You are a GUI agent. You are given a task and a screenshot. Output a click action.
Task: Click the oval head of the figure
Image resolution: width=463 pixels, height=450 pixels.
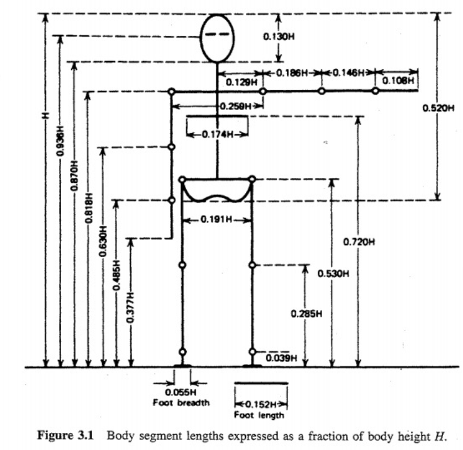(x=201, y=38)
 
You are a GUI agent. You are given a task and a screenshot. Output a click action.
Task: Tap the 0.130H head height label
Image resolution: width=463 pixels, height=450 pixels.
(x=279, y=36)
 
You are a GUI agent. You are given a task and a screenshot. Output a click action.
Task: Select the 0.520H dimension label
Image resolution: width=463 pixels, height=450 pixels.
(x=438, y=108)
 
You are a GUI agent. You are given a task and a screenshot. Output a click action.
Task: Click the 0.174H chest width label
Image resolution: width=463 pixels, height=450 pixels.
(x=217, y=134)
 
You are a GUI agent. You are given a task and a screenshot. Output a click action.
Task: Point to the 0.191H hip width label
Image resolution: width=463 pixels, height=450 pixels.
(x=216, y=219)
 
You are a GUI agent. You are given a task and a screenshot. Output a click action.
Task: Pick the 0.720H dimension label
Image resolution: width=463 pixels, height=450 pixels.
(x=359, y=242)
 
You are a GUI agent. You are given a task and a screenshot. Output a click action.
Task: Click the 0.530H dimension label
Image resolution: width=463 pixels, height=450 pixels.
(x=333, y=273)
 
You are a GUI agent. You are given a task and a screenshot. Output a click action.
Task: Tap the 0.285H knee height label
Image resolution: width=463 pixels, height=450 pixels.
(x=306, y=314)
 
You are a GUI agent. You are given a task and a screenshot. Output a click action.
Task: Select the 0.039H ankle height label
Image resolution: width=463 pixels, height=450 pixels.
(x=281, y=358)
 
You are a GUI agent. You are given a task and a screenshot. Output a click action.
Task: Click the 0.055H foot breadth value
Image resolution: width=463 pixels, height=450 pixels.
(x=181, y=392)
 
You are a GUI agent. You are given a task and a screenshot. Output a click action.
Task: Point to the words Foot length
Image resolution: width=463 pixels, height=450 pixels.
(x=259, y=415)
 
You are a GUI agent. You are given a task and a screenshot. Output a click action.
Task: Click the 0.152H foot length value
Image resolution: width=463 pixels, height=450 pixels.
(x=261, y=404)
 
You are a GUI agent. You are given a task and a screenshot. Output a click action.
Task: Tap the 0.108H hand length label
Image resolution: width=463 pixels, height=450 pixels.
(x=398, y=80)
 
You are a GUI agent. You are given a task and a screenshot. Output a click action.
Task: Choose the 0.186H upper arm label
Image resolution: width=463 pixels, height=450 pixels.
(x=292, y=72)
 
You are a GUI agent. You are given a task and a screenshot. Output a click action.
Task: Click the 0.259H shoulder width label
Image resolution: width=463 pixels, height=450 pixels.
(x=236, y=106)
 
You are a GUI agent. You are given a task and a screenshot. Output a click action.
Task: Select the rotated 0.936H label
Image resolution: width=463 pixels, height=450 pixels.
(x=60, y=141)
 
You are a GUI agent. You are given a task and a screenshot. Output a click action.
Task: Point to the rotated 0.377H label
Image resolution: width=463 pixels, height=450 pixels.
(x=130, y=307)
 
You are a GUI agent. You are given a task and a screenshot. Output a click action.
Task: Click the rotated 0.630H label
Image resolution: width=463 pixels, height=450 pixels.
(x=103, y=241)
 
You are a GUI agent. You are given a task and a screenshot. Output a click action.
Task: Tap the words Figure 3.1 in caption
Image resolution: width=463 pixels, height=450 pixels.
(x=65, y=436)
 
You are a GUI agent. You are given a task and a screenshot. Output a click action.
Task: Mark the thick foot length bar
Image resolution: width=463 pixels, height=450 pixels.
(x=261, y=383)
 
